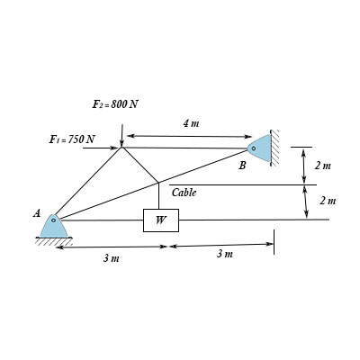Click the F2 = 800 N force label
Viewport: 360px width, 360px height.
(x=115, y=104)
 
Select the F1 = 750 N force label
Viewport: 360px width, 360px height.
(x=72, y=139)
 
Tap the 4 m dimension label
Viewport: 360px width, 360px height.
(x=191, y=123)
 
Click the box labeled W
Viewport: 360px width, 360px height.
(x=161, y=220)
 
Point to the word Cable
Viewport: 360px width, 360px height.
(x=184, y=193)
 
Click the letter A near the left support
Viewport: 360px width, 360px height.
(x=37, y=213)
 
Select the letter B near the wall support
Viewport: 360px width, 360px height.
(x=242, y=166)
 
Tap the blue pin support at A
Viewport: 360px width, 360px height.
(x=54, y=226)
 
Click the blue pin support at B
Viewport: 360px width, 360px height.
(x=259, y=148)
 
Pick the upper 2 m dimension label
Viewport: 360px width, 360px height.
(x=323, y=166)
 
